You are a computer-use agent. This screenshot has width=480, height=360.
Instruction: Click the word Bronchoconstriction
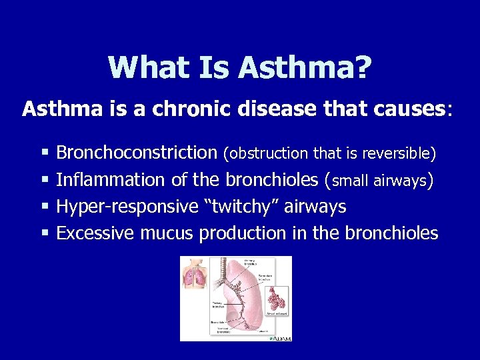pyautogui.click(x=137, y=153)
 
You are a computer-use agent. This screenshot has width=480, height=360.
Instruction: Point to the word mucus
pyautogui.click(x=167, y=233)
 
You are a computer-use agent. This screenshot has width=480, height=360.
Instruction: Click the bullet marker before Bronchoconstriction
pyautogui.click(x=45, y=153)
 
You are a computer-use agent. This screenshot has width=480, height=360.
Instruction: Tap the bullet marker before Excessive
pyautogui.click(x=45, y=233)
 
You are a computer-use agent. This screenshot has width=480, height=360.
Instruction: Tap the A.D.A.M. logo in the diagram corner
pyautogui.click(x=279, y=338)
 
